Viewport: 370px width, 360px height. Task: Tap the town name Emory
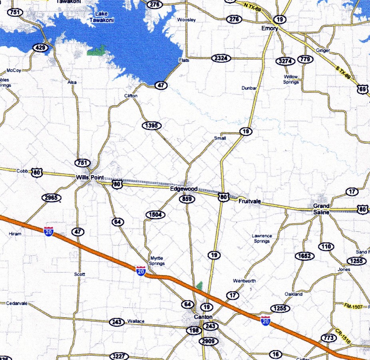click(x=269, y=28)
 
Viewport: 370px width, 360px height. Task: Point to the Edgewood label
click(x=184, y=189)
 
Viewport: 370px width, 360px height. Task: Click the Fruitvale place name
click(x=249, y=201)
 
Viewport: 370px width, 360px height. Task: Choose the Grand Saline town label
click(x=321, y=209)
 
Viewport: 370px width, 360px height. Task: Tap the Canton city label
click(x=203, y=317)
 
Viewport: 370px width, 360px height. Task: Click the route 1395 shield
click(x=151, y=126)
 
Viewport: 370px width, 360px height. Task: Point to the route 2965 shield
click(x=52, y=198)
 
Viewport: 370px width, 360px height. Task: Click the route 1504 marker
click(x=155, y=215)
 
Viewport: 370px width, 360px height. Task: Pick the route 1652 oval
click(x=304, y=256)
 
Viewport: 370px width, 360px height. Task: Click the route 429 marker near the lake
click(x=40, y=48)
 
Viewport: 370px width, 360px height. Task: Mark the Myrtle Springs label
click(x=157, y=261)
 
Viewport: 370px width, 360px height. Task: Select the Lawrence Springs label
click(x=262, y=238)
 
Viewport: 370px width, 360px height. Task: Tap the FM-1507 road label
click(x=354, y=306)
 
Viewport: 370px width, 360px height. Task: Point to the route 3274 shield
click(x=285, y=61)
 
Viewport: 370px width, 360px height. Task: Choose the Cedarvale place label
click(x=17, y=304)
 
